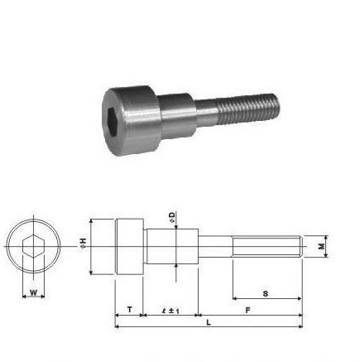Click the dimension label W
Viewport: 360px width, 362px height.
[33, 292]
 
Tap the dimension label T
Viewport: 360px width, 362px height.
[130, 310]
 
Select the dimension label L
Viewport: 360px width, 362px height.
[209, 322]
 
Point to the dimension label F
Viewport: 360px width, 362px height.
[247, 310]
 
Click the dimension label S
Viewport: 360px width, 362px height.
[266, 293]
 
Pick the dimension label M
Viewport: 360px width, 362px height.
[321, 246]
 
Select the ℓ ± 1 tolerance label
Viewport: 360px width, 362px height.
[170, 311]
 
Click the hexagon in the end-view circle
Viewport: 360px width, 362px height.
[33, 246]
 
